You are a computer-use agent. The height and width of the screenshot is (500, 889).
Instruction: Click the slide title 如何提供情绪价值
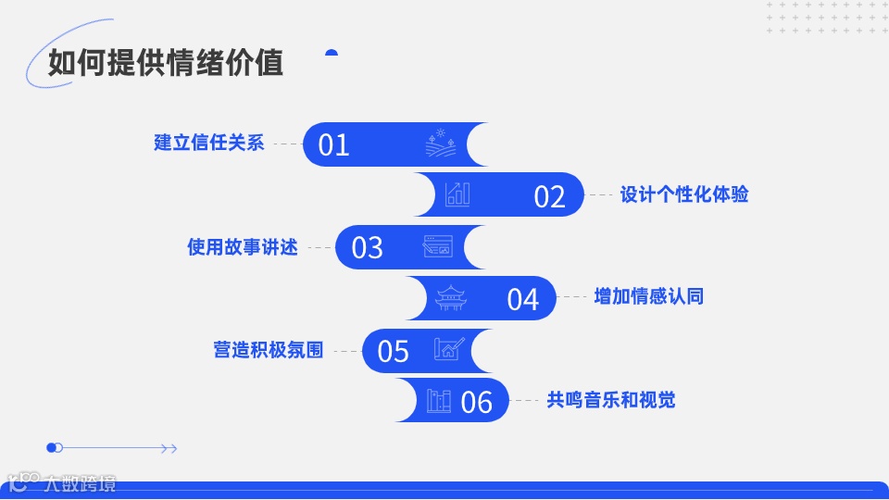166,63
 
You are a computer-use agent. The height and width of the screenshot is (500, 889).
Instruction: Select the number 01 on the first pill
333,144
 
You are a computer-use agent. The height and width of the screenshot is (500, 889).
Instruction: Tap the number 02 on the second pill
549,196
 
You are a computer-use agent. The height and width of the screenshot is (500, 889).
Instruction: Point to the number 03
367,247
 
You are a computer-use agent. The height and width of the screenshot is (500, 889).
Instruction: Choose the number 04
522,299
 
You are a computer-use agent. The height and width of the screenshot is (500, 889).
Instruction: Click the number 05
394,351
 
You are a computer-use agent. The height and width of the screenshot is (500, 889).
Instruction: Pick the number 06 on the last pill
476,402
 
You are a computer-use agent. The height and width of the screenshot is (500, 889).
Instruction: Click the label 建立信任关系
209,144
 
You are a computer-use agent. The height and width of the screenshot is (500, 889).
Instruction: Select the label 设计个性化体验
684,194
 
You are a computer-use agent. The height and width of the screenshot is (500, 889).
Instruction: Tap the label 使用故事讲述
243,247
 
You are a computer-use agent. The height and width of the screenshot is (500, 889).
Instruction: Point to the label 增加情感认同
649,296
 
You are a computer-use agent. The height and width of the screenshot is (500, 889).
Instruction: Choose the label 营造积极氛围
269,351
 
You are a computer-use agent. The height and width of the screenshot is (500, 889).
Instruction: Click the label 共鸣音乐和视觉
611,400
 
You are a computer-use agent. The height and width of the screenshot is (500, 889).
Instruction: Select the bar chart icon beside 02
457,194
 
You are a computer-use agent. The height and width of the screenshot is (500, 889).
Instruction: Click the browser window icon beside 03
438,246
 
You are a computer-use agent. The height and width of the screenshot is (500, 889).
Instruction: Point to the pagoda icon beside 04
450,297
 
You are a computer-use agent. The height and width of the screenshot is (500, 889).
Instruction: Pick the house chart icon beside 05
449,349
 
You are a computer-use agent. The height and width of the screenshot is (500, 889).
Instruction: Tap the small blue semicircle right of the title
332,53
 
